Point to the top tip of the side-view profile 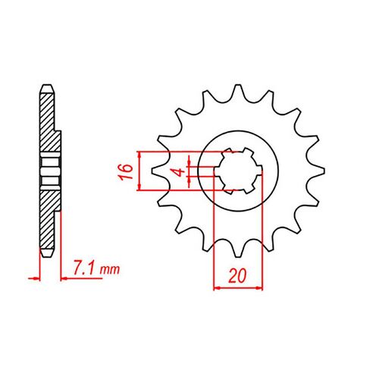(46, 83)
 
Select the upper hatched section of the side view (48, 121)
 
